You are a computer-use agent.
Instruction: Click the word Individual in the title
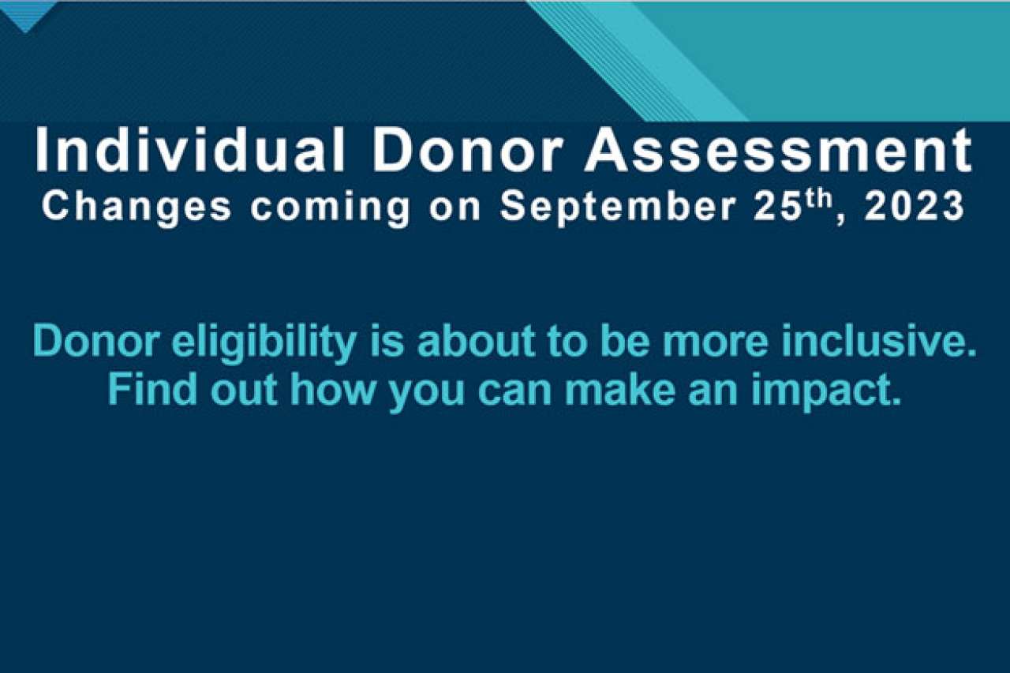190,150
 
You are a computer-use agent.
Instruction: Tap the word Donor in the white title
467,150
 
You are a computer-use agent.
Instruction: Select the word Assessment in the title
779,150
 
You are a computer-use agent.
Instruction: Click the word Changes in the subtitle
137,208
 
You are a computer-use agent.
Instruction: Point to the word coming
330,208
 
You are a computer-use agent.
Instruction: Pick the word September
618,208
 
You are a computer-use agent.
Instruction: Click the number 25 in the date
774,207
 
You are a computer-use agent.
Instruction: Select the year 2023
914,207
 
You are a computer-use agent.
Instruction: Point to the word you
427,394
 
